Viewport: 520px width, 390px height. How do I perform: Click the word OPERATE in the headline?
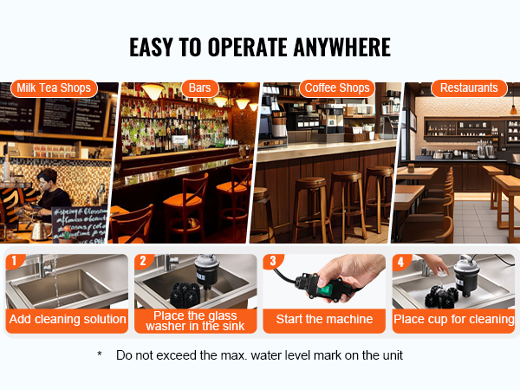[x=248, y=47]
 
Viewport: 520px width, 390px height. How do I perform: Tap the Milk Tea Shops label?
[x=54, y=88]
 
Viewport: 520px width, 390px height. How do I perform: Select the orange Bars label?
[x=200, y=88]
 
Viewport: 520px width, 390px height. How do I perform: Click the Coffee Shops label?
[x=337, y=88]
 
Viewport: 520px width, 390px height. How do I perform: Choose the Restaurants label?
[x=469, y=88]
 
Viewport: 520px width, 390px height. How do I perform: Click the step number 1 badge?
[x=14, y=261]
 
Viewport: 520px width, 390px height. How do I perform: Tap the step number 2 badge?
[x=143, y=261]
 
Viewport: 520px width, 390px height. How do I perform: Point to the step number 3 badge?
[x=273, y=261]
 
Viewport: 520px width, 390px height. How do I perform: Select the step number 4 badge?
[x=401, y=262]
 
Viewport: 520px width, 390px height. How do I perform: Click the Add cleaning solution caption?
[x=68, y=319]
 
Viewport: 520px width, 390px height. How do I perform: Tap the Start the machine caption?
[x=324, y=319]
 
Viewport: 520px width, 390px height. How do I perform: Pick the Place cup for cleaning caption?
[x=453, y=319]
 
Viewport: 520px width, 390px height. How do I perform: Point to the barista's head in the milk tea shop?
[x=48, y=179]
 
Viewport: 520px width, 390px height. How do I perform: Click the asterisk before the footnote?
[x=100, y=354]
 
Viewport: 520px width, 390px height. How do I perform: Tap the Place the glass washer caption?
[x=195, y=321]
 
